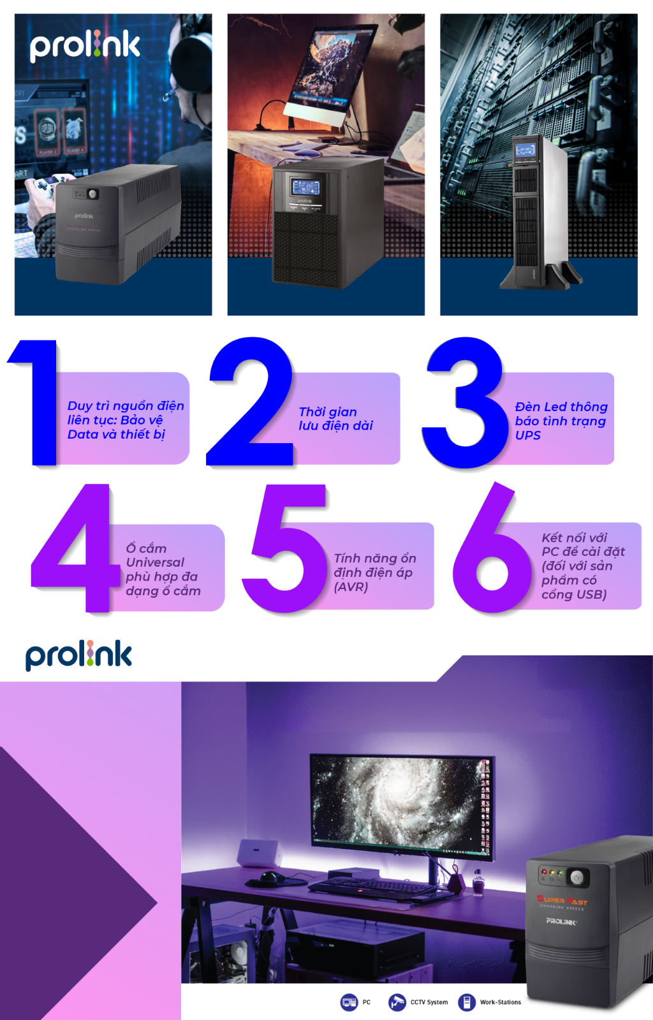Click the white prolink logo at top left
(84, 45)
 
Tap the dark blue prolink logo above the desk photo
(78, 656)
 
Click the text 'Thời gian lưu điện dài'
(335, 419)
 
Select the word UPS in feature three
(528, 435)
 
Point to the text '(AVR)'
(351, 587)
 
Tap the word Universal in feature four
(155, 562)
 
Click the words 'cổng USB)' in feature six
(574, 595)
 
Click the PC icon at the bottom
(349, 1002)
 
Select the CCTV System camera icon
(397, 1002)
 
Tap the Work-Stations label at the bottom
(500, 1002)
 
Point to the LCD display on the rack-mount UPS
(525, 151)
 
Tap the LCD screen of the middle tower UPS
(305, 187)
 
